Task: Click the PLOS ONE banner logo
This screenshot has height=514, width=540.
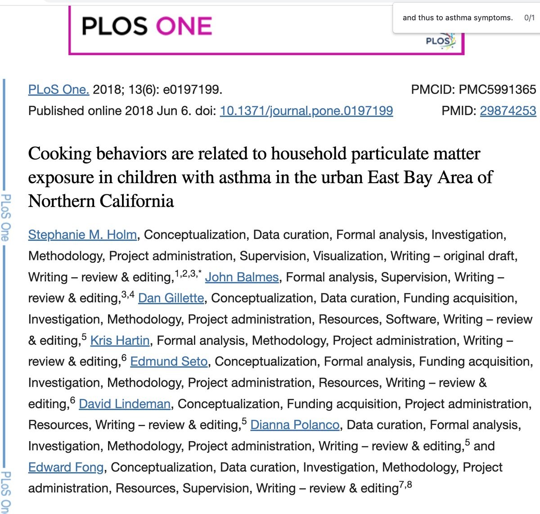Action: coord(147,26)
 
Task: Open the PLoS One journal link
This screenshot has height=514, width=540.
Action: coord(58,90)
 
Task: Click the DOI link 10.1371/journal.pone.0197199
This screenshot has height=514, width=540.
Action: coord(306,111)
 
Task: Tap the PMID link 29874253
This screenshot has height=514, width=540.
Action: coord(508,111)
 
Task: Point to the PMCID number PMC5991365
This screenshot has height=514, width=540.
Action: coord(497,90)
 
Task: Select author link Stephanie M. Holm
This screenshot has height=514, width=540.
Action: coord(82,234)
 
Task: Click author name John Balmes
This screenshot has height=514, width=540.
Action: coord(242,277)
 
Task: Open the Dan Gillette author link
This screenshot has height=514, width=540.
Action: coord(171,298)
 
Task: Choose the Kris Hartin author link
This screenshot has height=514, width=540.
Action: coord(120,340)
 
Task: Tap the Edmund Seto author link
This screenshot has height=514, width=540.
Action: coord(169,361)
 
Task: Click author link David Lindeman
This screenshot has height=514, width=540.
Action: coord(125,404)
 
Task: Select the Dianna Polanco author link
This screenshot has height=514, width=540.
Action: coord(295,425)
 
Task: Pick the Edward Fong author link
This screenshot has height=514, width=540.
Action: coord(66,467)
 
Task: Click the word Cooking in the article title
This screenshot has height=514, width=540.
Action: coord(59,154)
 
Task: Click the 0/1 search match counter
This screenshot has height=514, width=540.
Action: coord(529,18)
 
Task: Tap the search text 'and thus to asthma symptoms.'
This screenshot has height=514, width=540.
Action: coord(457,18)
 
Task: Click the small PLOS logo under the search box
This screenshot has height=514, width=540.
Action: coord(439,41)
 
